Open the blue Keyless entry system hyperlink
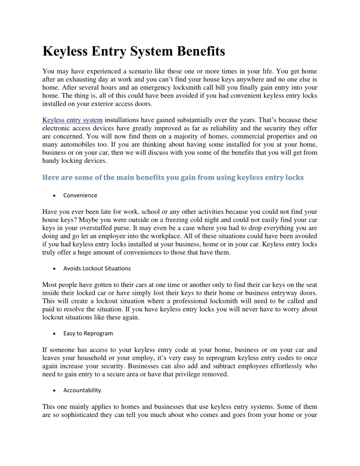73,120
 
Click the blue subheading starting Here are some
173,177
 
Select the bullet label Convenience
80,195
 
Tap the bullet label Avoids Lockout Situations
97,268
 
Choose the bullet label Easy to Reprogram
88,333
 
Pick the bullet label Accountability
82,390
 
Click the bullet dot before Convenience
53,195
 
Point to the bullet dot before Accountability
53,390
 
